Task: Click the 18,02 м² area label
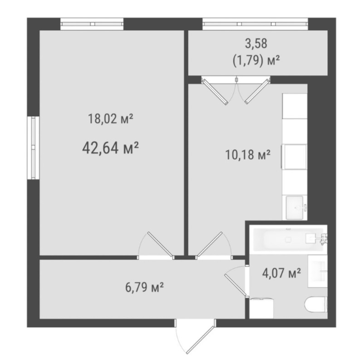click(111, 119)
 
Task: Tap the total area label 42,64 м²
click(110, 148)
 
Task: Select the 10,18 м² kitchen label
click(248, 155)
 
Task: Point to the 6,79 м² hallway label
click(144, 287)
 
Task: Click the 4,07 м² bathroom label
click(281, 273)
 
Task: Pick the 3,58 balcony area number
click(256, 44)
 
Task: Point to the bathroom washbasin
click(318, 271)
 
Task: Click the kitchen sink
click(294, 208)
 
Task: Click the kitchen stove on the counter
click(294, 156)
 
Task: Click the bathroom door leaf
click(235, 285)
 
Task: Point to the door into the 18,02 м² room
click(161, 244)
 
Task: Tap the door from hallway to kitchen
click(210, 244)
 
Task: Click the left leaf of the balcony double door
click(215, 92)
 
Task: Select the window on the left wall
click(33, 148)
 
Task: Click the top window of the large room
click(92, 24)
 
